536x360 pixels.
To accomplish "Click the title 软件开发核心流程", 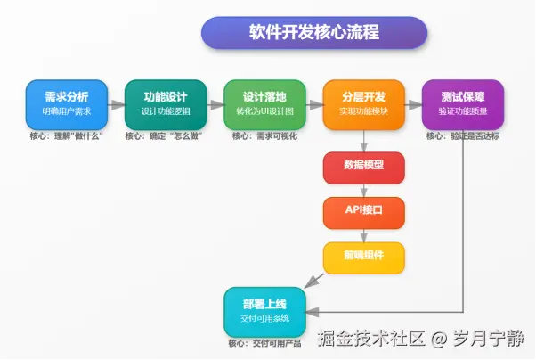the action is click(314, 32).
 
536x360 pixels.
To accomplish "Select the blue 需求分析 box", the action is click(67, 104).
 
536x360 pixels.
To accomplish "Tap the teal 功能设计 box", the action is click(166, 104).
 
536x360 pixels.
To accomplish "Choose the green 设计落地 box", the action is click(265, 104).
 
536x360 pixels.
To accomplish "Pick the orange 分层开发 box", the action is click(364, 104).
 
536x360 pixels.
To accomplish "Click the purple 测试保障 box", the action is click(463, 104).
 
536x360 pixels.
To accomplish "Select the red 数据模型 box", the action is click(364, 168).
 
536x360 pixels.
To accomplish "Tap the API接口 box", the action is click(364, 213).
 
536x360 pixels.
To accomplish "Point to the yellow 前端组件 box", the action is click(364, 258).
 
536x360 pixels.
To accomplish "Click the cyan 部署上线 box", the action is click(265, 312).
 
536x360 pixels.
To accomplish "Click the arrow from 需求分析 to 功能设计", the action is click(117, 105).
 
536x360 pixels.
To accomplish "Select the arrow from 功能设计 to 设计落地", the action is click(215, 105).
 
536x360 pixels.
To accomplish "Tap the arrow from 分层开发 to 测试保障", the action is click(414, 105).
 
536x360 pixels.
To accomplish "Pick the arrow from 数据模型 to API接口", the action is click(364, 191).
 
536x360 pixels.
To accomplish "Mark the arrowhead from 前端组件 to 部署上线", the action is click(311, 282).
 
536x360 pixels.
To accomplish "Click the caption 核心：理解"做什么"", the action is click(66, 136).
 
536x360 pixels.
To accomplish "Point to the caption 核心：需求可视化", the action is click(265, 136).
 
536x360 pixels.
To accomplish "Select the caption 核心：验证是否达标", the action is click(463, 136).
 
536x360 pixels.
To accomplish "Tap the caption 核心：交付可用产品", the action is click(265, 343).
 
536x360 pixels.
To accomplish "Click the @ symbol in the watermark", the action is click(439, 339).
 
